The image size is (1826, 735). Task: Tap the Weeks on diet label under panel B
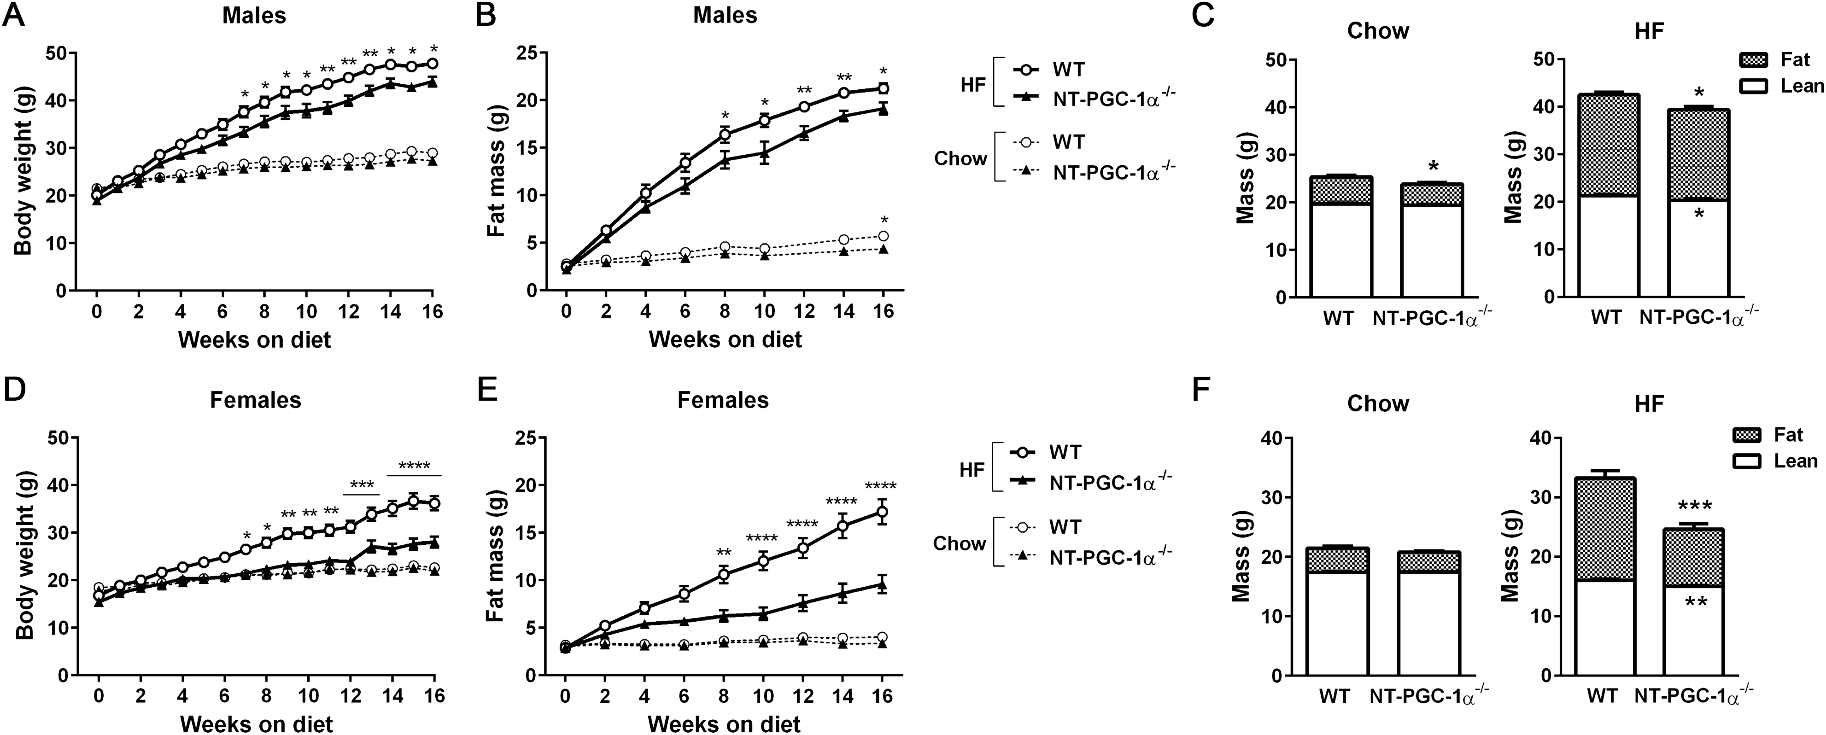(725, 339)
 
